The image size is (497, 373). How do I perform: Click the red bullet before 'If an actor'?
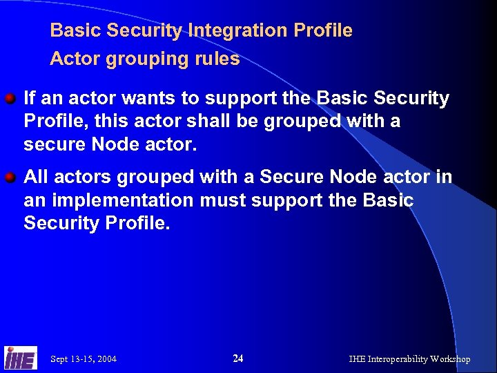(11, 99)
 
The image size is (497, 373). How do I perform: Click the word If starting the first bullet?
(29, 99)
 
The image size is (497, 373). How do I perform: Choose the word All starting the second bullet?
(36, 178)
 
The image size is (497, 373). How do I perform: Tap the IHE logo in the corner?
(20, 358)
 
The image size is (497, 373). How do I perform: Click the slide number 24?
(238, 358)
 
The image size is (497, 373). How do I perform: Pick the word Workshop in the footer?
(450, 359)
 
